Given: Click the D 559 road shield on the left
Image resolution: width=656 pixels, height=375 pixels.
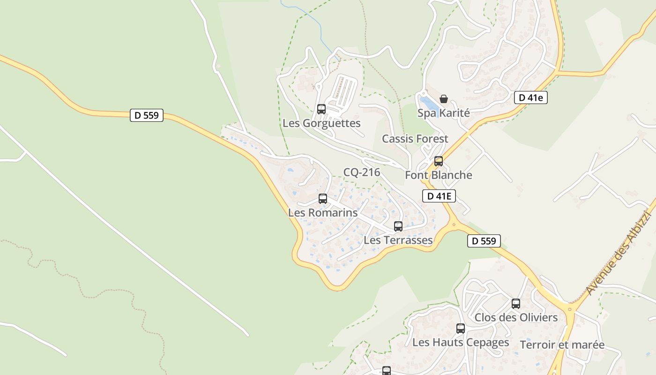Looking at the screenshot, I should pos(147,115).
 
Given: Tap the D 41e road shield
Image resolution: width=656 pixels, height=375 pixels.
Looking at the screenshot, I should pos(531,97).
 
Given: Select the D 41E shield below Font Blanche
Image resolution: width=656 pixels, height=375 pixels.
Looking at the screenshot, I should pos(439,196).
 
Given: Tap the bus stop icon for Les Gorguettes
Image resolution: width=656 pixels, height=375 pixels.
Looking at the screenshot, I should pos(321,109).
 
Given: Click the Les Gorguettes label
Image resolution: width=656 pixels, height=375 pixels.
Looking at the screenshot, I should pos(321,123).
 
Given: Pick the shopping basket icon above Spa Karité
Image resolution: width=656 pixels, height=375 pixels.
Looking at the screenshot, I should pos(444,99).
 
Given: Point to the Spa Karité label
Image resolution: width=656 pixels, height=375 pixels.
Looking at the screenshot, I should pos(444,113).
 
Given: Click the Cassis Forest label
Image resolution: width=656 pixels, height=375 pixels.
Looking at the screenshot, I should pos(415,139).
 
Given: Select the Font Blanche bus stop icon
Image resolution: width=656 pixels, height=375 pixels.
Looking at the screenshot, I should pos(439,161).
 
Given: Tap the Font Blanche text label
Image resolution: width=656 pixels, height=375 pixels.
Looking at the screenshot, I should pos(439,175).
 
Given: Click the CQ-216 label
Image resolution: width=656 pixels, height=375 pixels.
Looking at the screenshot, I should pos(362,172).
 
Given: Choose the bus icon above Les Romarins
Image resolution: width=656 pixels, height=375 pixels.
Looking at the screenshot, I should pos(323,199).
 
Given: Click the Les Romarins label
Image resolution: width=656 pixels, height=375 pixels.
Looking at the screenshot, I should pos(323,213).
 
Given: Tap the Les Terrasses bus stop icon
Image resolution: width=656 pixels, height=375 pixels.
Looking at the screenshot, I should pos(398,226).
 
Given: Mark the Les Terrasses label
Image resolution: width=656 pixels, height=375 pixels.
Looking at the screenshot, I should pos(398,240).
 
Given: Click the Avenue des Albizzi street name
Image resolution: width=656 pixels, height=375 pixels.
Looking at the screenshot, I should pos(619,253).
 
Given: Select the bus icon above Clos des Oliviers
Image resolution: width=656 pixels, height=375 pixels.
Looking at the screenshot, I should pos(516,304).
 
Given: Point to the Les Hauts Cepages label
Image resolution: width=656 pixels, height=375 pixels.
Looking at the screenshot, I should pos(461,343).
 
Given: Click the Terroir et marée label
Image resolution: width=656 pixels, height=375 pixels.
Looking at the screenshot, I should pos(562,345).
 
